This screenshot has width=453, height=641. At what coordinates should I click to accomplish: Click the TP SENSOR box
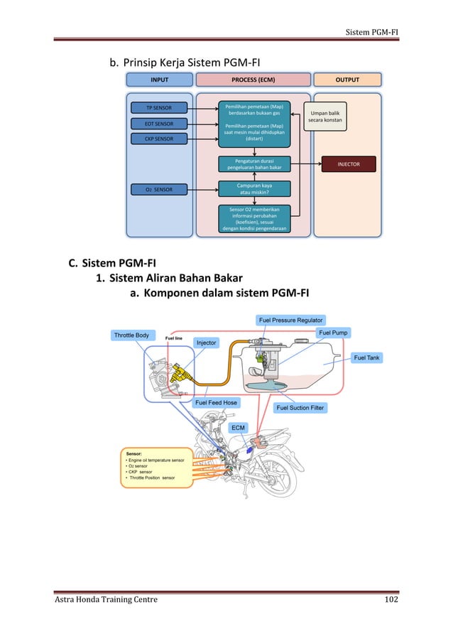click(158, 108)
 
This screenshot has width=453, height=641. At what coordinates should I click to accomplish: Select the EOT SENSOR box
click(158, 124)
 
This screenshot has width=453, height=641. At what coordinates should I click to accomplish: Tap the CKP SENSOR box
click(158, 139)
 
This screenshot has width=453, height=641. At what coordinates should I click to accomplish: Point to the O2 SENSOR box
click(158, 189)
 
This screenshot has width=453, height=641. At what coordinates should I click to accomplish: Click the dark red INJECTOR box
click(349, 164)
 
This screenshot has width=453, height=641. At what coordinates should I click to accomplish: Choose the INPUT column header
click(158, 80)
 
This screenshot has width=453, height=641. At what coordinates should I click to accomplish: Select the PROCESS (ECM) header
click(253, 80)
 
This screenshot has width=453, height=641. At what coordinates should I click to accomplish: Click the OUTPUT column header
click(348, 80)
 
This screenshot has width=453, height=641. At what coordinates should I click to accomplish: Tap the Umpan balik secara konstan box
click(325, 117)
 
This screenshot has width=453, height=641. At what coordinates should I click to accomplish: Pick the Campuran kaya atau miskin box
click(253, 188)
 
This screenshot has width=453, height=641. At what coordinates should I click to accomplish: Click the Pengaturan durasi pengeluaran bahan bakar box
click(253, 164)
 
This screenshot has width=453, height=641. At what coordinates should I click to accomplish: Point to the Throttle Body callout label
click(131, 335)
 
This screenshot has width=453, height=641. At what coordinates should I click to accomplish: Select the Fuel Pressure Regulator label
click(291, 320)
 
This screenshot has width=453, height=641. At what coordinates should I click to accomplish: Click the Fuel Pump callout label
click(334, 333)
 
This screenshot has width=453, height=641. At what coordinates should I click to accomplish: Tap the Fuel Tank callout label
click(367, 357)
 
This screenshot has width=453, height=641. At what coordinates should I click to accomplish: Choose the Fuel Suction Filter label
click(300, 408)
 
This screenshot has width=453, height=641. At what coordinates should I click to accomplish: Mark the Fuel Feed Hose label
click(216, 402)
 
